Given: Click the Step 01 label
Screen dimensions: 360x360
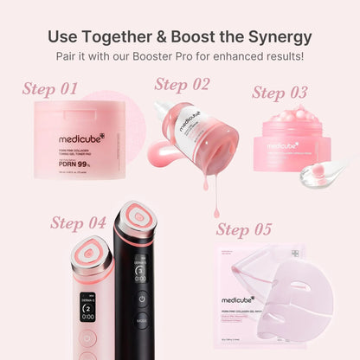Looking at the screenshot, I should (x=49, y=89).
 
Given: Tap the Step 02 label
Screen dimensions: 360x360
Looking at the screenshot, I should (x=182, y=84).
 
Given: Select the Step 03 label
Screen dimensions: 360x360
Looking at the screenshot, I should (x=280, y=93).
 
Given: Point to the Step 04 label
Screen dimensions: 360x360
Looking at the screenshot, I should (x=78, y=223).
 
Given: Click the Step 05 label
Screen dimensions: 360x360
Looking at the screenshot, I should (x=245, y=229).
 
